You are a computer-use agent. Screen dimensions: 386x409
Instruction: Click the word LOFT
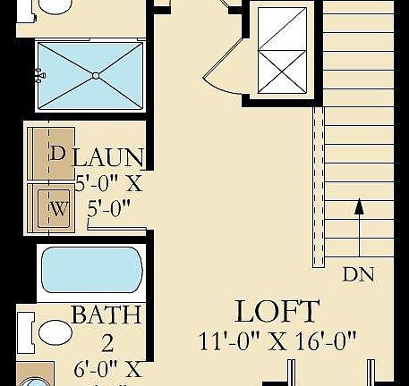[277, 312]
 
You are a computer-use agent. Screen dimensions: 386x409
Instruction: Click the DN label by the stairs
[358, 275]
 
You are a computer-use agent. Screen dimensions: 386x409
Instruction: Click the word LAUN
[107, 158]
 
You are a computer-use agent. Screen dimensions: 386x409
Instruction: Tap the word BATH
[106, 315]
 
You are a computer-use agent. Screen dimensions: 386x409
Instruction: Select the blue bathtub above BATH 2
[91, 270]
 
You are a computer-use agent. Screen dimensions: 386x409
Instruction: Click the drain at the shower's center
[95, 76]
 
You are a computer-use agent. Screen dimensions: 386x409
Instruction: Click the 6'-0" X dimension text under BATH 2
[107, 368]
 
